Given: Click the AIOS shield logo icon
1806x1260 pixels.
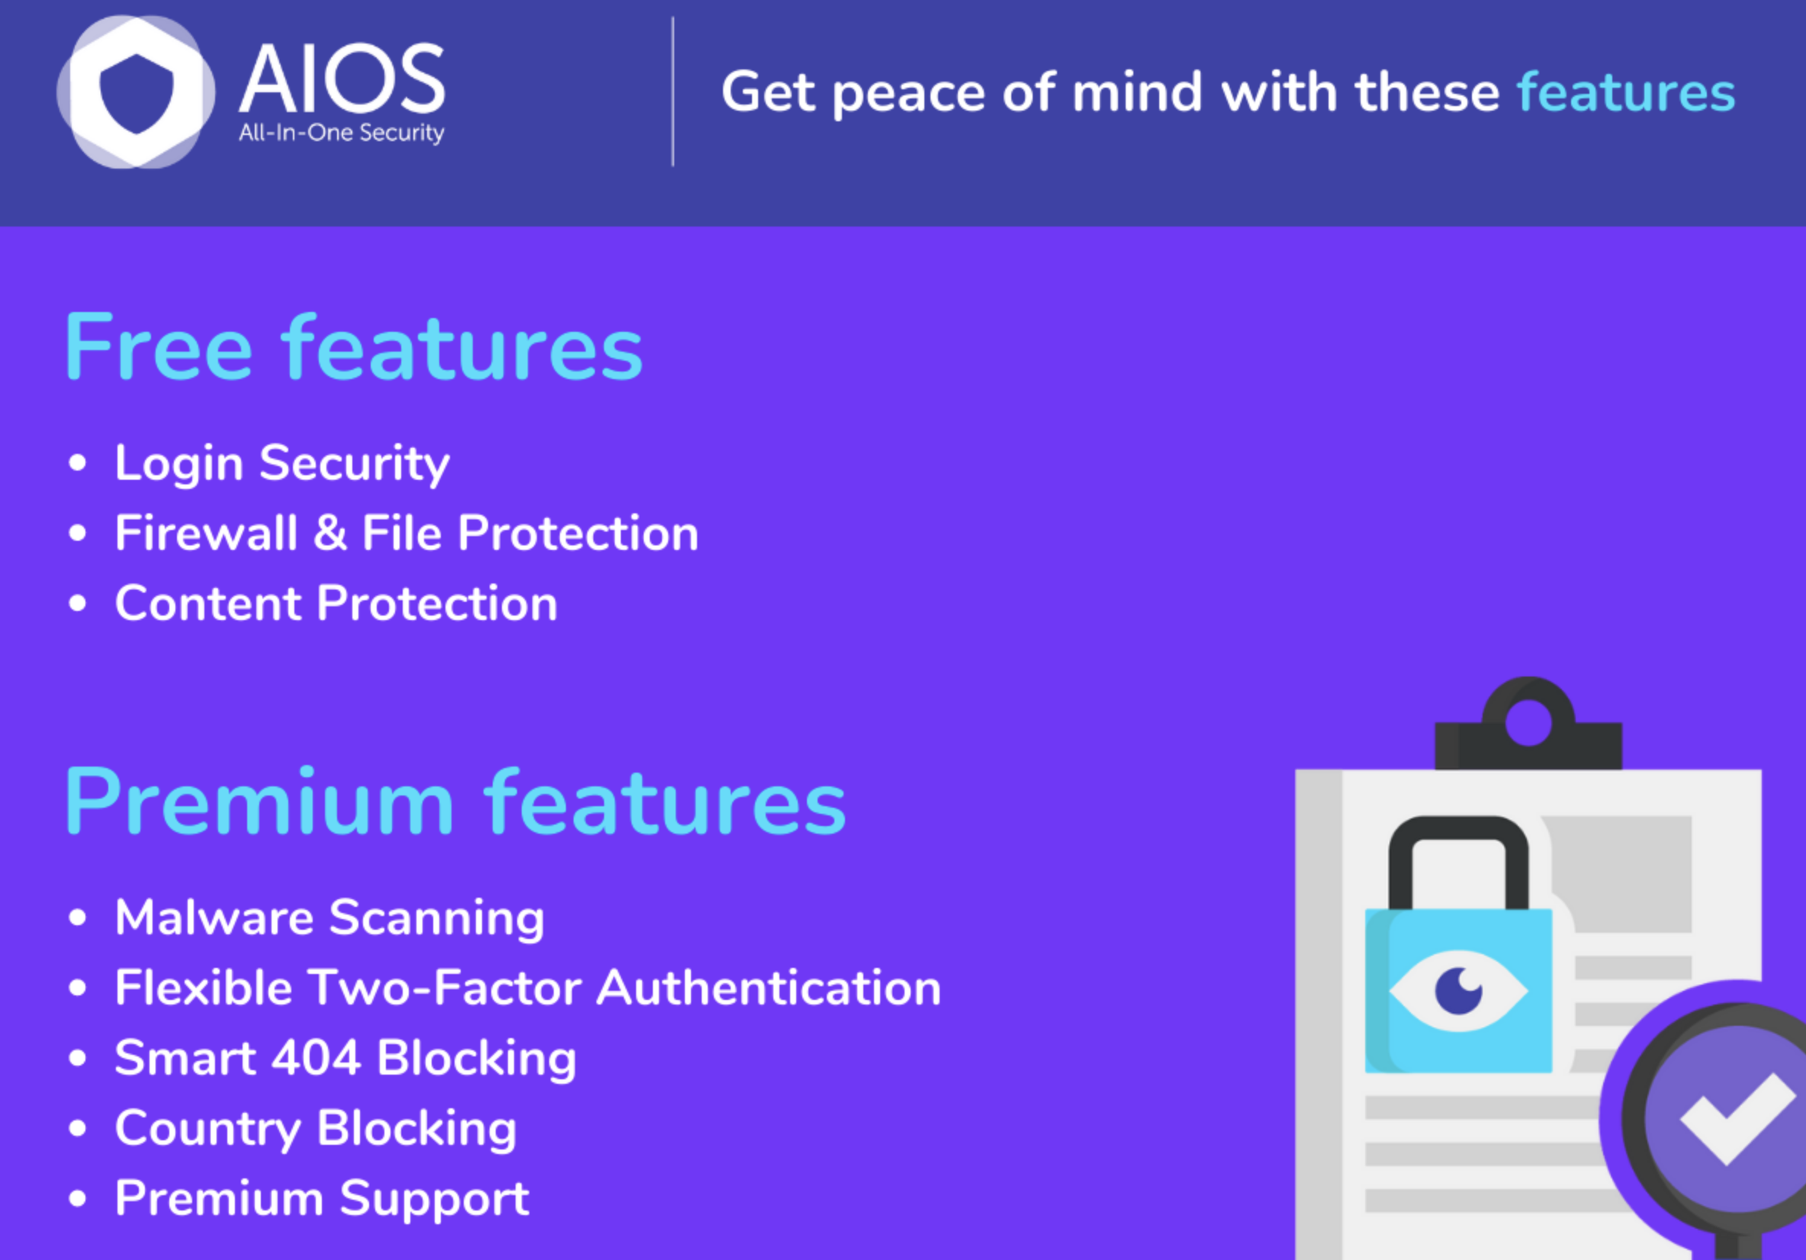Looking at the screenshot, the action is [x=136, y=92].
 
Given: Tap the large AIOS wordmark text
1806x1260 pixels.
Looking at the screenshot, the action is [x=342, y=79].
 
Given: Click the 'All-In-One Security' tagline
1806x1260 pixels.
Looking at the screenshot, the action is [x=342, y=133].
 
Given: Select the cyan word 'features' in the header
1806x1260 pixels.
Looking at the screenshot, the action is [x=1626, y=92].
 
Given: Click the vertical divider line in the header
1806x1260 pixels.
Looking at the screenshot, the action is [x=673, y=92].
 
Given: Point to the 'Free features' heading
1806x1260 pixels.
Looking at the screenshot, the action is [x=354, y=347].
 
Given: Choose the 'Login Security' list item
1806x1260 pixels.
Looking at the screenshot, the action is [x=282, y=463].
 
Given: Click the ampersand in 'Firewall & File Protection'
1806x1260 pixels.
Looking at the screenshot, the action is [x=330, y=533].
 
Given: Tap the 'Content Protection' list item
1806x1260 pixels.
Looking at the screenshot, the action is [x=336, y=603].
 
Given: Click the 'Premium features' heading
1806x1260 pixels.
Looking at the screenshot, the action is [x=455, y=802].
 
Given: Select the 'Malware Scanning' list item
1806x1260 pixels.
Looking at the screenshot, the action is [x=329, y=918].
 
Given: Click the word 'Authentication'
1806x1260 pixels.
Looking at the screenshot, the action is [x=769, y=987].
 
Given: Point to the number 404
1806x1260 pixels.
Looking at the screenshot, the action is [x=316, y=1058].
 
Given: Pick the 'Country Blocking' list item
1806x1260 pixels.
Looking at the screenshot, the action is [x=317, y=1130].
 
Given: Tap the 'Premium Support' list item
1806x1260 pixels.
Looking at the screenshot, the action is [x=323, y=1200].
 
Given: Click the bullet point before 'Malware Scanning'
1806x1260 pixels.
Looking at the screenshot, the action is [x=77, y=917].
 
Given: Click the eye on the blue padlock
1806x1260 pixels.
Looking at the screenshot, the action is [x=1458, y=991].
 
